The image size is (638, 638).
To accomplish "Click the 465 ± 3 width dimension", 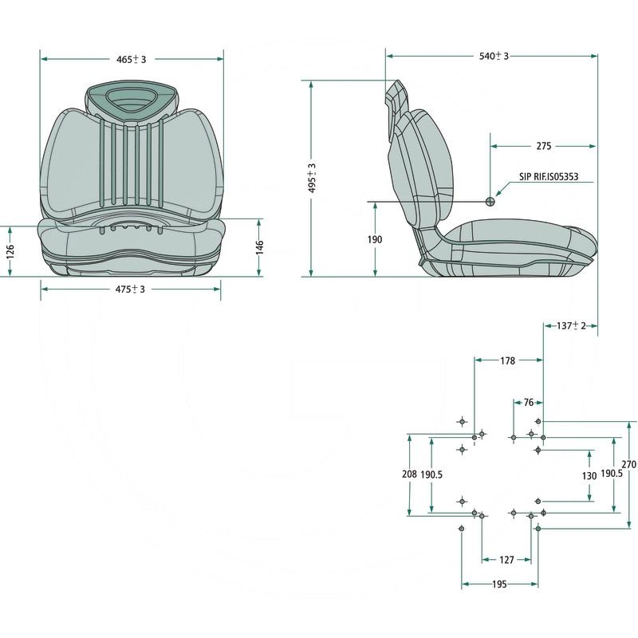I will pyautogui.click(x=132, y=59).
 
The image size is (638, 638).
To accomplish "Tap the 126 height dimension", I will pyautogui.click(x=10, y=250).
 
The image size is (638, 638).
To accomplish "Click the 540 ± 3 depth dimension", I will pyautogui.click(x=493, y=56).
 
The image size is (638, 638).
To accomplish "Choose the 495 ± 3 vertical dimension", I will pyautogui.click(x=313, y=179).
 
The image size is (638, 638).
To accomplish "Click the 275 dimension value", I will pyautogui.click(x=543, y=147).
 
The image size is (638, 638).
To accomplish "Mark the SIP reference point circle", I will pyautogui.click(x=491, y=201).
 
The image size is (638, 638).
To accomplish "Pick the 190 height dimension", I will pyautogui.click(x=375, y=239).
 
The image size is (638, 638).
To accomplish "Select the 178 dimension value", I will pyautogui.click(x=507, y=360).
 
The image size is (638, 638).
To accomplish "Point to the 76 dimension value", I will pyautogui.click(x=528, y=403).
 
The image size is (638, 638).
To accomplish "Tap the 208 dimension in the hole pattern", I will pyautogui.click(x=409, y=475).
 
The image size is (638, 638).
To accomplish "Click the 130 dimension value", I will pyautogui.click(x=589, y=475).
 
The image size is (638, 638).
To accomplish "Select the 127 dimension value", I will pyautogui.click(x=506, y=560).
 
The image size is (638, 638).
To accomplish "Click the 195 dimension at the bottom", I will pyautogui.click(x=499, y=585).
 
